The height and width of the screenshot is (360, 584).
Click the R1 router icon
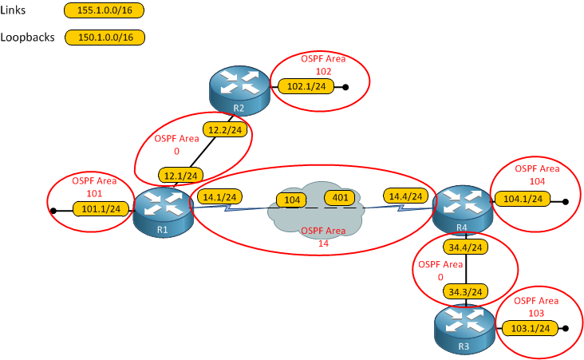click(x=163, y=211)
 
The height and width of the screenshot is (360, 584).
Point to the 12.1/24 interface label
click(x=181, y=175)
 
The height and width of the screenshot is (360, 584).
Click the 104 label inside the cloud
click(x=292, y=199)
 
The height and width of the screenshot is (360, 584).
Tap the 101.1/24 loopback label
click(x=101, y=210)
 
